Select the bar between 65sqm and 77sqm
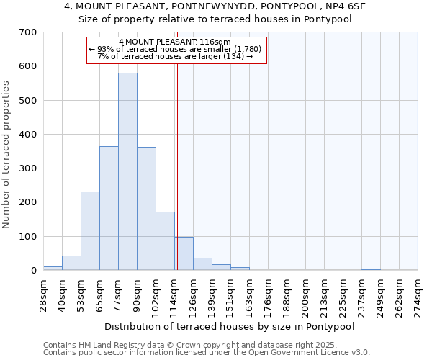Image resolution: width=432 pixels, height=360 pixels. tap(109, 208)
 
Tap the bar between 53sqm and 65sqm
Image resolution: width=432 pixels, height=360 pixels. tap(90, 230)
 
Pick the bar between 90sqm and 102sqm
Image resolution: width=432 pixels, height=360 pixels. tap(146, 209)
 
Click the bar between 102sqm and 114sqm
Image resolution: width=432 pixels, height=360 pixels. tap(165, 241)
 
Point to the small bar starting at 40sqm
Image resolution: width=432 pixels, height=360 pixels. tap(71, 263)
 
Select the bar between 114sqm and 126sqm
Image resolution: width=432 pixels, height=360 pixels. tap(184, 253)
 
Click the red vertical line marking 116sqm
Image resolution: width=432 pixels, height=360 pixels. tap(177, 180)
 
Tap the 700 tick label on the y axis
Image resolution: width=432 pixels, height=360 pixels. tap(28, 32)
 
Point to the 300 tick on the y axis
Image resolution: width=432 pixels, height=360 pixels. tap(28, 168)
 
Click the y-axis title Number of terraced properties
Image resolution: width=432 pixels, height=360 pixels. tap(7, 155)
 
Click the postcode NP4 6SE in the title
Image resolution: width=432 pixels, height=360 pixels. tap(348, 6)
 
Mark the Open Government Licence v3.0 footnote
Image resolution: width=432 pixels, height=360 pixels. tap(207, 352)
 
